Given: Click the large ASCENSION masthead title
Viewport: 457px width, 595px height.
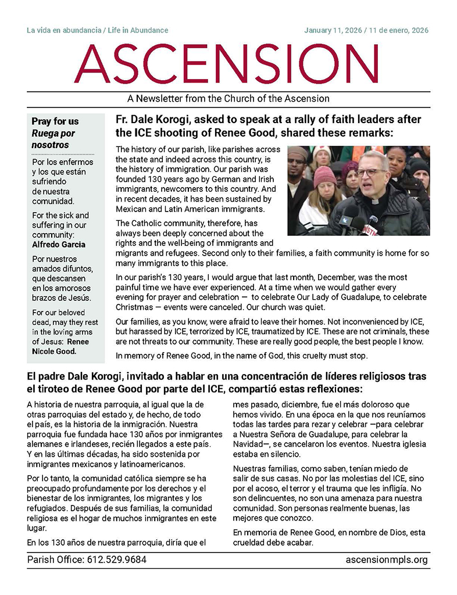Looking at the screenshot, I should [228, 64].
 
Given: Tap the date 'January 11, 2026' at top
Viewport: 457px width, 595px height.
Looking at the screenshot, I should [332, 30].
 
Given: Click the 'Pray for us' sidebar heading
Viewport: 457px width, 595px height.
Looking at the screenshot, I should [55, 121].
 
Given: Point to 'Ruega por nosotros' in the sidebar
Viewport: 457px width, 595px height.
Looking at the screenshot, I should [53, 139].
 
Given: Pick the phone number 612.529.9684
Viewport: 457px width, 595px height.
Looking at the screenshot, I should [116, 560].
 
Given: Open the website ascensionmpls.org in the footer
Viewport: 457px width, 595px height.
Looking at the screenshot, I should [386, 560].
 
